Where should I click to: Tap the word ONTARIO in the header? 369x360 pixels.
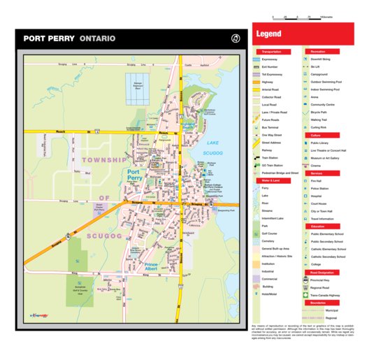click(x=97, y=39)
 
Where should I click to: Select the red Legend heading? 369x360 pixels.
click(x=269, y=34)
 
